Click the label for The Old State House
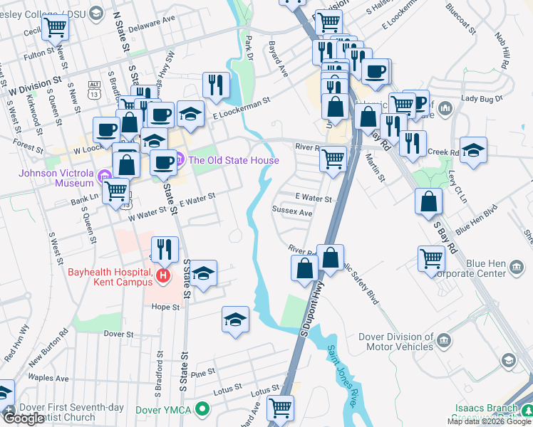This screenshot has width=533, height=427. (233, 160)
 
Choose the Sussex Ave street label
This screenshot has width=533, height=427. (292, 212)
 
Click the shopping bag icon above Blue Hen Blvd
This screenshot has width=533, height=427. (428, 201)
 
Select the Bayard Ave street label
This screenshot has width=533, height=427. (278, 59)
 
